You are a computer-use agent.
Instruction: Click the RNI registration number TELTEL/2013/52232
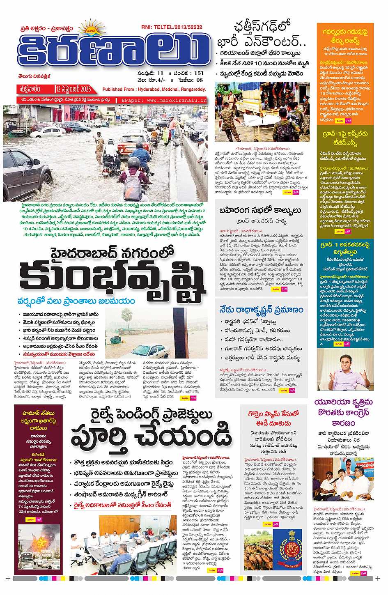click(177, 27)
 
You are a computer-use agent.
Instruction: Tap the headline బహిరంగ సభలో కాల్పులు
click(262, 211)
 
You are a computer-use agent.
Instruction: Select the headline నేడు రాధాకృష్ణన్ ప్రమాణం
click(261, 310)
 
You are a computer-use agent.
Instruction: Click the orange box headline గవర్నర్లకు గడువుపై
click(345, 32)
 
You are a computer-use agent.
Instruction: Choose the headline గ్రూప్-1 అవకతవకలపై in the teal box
click(345, 245)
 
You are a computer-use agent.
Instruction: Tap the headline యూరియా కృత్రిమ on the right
click(344, 402)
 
